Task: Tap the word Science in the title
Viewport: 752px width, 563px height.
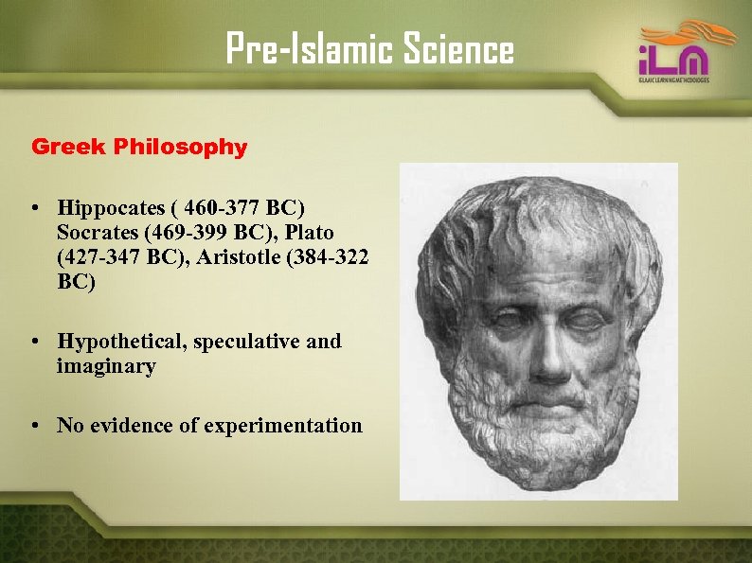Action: coord(458,49)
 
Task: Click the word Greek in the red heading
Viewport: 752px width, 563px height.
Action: coord(69,147)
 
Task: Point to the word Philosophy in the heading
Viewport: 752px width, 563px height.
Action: coord(180,148)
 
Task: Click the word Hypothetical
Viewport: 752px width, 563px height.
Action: coord(120,341)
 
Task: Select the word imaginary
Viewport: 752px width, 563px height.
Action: coord(105,366)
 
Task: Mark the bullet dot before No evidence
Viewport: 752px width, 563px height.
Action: coord(33,426)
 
